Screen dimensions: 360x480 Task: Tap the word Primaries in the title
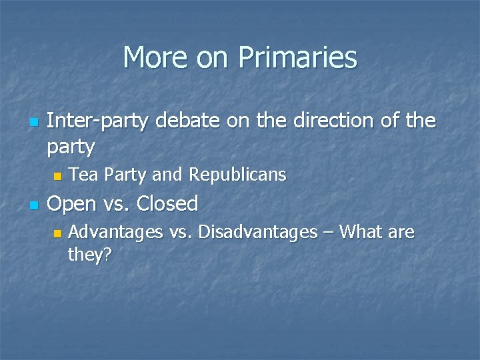(300, 57)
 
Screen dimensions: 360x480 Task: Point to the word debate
(193, 121)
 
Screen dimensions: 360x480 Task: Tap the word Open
(73, 203)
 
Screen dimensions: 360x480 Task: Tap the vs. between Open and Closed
(117, 203)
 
